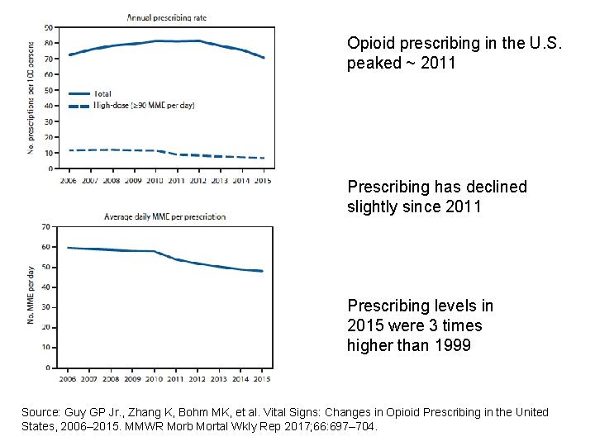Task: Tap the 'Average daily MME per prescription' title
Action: pos(164,216)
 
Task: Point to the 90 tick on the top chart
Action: pos(50,27)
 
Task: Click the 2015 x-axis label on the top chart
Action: pos(262,179)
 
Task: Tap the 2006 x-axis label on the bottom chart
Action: pos(67,379)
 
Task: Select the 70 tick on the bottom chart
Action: pos(45,226)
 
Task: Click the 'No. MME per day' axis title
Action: pos(31,295)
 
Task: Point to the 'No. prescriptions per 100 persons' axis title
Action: pos(31,98)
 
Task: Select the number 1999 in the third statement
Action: pos(453,345)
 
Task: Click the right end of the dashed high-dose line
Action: pos(264,158)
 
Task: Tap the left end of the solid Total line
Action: pos(69,55)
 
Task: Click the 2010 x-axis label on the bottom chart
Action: pos(154,379)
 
